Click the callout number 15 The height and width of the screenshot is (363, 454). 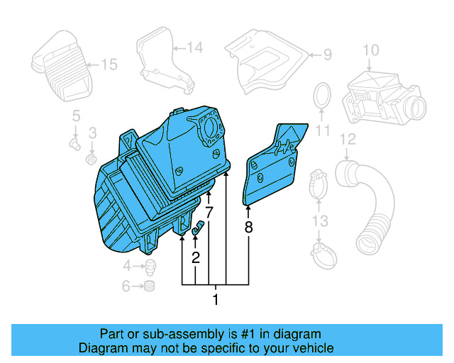[x=109, y=65]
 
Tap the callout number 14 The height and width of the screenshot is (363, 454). [x=194, y=48]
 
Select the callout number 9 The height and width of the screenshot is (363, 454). [x=327, y=54]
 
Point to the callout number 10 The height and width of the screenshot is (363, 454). [x=371, y=50]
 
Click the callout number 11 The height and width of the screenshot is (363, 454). [x=323, y=130]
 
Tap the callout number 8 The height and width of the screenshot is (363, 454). [x=248, y=228]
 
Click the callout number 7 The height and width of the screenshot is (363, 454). [x=209, y=212]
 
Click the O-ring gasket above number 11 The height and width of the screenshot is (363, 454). [x=322, y=96]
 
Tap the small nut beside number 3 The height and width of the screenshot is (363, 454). [x=91, y=159]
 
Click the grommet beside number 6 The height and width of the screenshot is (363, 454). [x=150, y=286]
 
